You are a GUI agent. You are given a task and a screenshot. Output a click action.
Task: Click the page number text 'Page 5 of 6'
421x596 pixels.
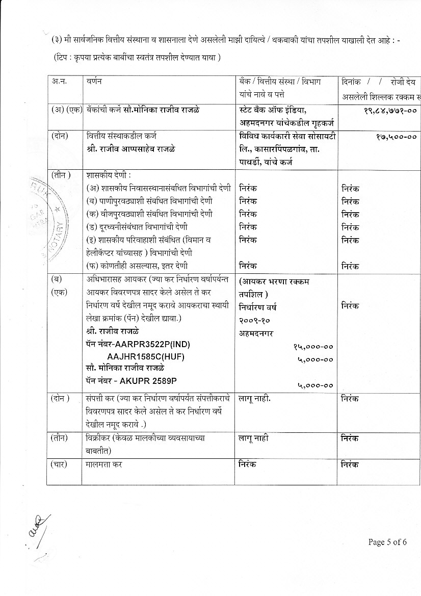387,542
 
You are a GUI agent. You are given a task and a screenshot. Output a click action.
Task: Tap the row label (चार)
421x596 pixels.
62,464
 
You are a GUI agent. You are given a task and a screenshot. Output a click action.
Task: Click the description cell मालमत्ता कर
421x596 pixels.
104,464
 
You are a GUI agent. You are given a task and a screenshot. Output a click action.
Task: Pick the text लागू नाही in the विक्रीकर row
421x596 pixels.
253,438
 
